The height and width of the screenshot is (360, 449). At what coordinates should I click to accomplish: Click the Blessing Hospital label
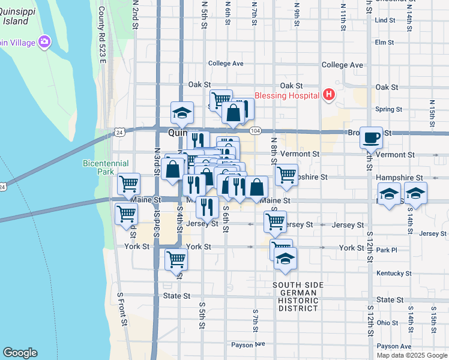coord(289,95)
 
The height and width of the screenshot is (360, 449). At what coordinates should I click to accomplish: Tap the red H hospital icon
coord(328,95)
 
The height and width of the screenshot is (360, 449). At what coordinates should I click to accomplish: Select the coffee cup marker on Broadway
coord(371,137)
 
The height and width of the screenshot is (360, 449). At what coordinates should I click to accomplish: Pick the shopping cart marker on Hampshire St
coord(286,175)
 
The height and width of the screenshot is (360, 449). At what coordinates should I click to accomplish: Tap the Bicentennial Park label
coord(98,167)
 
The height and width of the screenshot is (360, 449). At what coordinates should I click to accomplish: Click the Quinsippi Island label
coord(14,16)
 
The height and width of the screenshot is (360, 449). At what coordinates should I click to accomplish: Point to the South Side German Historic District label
coord(298,296)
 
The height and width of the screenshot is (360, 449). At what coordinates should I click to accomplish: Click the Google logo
coord(20,353)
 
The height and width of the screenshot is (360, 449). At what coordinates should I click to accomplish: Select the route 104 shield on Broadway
coord(256,131)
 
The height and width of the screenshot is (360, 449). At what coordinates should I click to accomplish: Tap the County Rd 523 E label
coord(101,35)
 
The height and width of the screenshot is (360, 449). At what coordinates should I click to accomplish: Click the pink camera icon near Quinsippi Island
coord(44,42)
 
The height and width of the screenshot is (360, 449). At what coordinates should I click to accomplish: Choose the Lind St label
coord(384,20)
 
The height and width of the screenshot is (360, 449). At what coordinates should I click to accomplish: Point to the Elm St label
coord(384,42)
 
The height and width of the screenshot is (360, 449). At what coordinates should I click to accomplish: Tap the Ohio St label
coord(387,323)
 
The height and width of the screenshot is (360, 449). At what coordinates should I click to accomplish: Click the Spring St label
coord(388,109)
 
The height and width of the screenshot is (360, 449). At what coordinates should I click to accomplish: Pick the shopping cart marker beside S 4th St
coord(176,259)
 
